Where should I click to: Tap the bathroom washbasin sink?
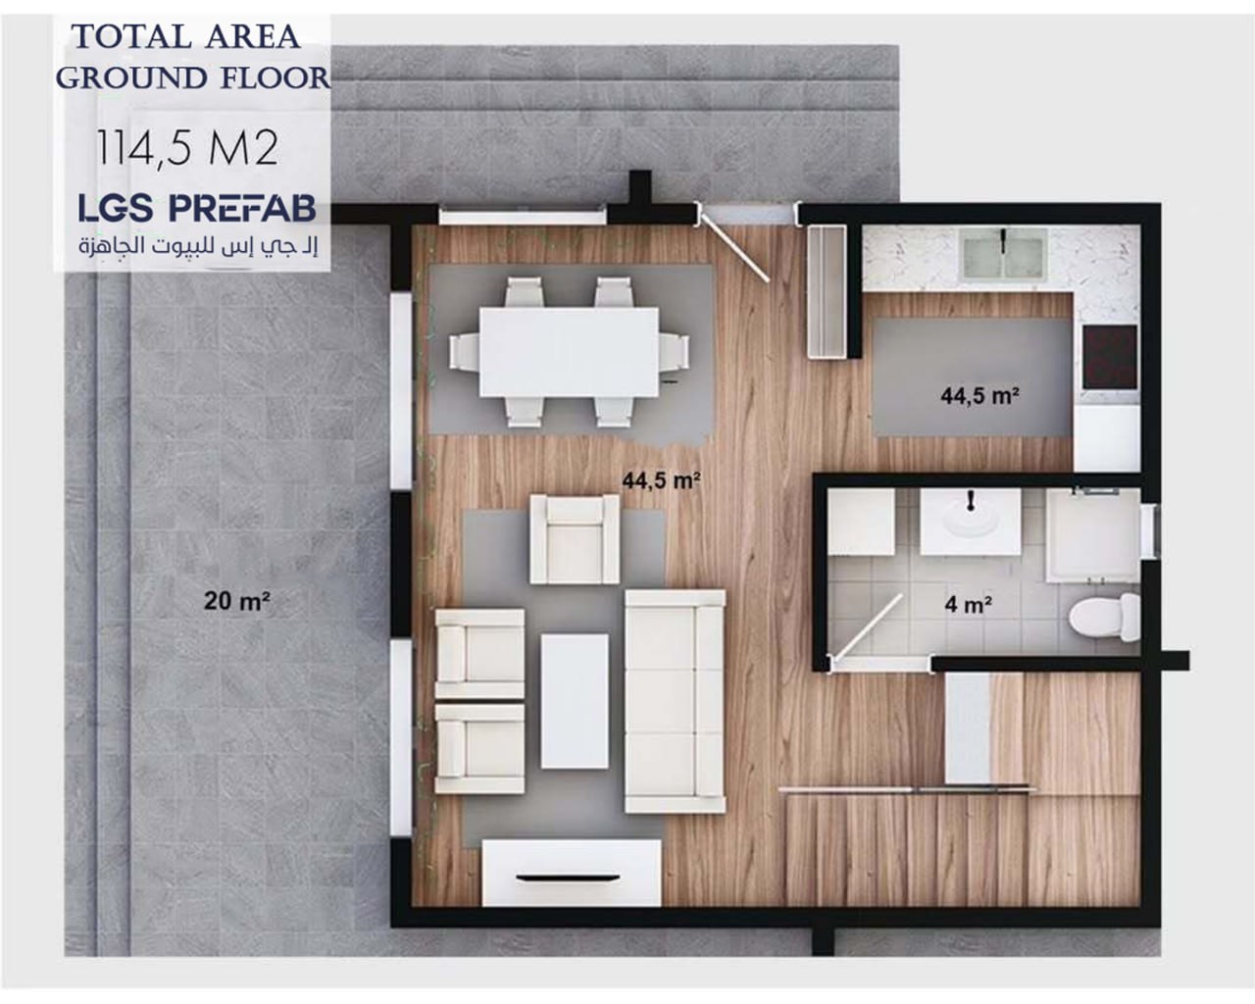pyautogui.click(x=971, y=522)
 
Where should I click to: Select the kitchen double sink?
pyautogui.click(x=1002, y=253)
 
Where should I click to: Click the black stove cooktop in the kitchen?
pyautogui.click(x=1110, y=357)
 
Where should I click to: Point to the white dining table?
pyautogui.click(x=570, y=352)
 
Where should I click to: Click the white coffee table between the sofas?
pyautogui.click(x=575, y=701)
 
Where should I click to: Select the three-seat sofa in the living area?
pyautogui.click(x=675, y=701)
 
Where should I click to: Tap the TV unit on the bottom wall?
pyautogui.click(x=572, y=873)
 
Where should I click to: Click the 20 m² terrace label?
pyautogui.click(x=236, y=601)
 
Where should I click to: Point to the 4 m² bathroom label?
pyautogui.click(x=968, y=604)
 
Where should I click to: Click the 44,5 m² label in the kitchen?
pyautogui.click(x=979, y=396)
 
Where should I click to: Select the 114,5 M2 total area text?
pyautogui.click(x=186, y=148)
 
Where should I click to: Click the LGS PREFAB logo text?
pyautogui.click(x=197, y=208)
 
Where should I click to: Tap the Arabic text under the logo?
pyautogui.click(x=198, y=246)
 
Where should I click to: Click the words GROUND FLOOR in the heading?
pyautogui.click(x=193, y=78)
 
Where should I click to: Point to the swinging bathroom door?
pyautogui.click(x=868, y=627)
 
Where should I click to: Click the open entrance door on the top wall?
pyautogui.click(x=734, y=247)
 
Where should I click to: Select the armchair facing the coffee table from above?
pyautogui.click(x=575, y=539)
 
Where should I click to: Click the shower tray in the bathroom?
pyautogui.click(x=1092, y=535)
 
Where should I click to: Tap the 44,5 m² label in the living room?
pyautogui.click(x=661, y=481)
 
